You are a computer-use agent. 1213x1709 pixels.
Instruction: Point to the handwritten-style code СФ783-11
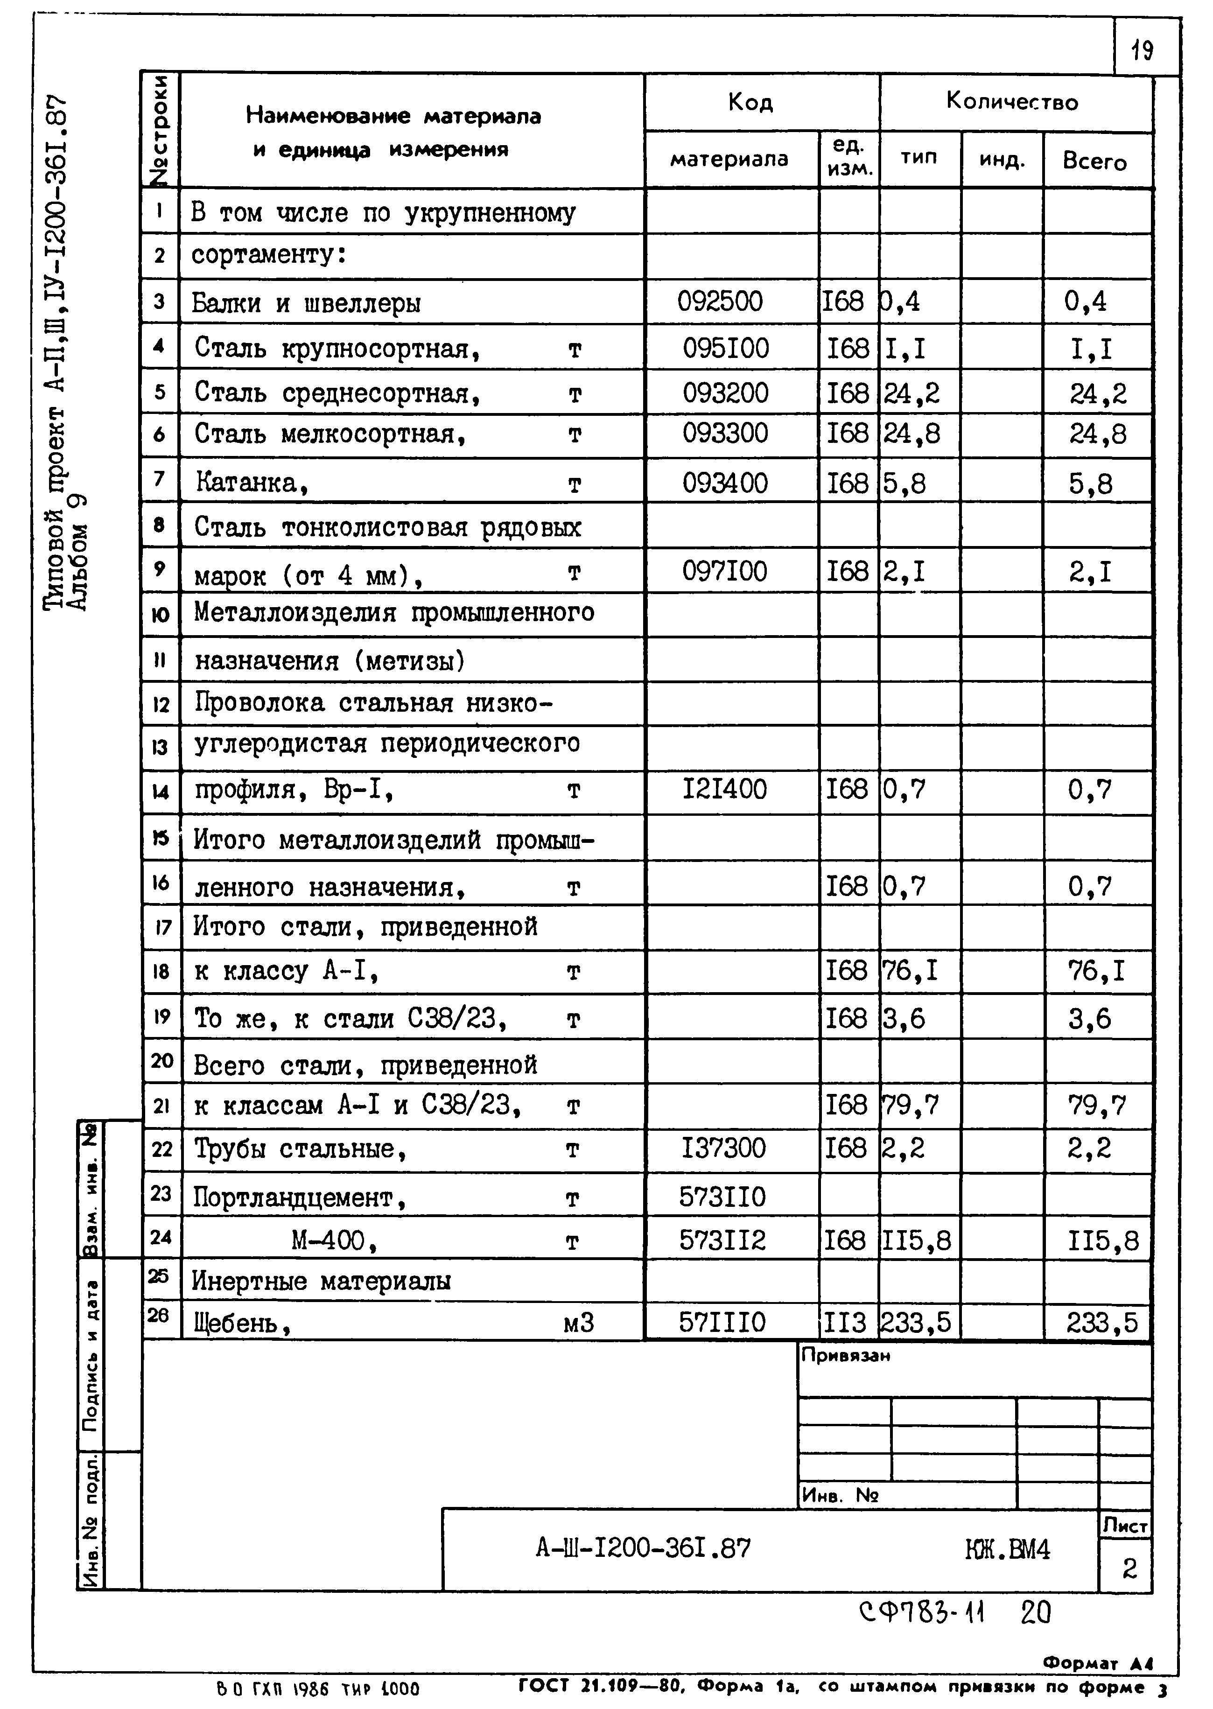click(922, 1613)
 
